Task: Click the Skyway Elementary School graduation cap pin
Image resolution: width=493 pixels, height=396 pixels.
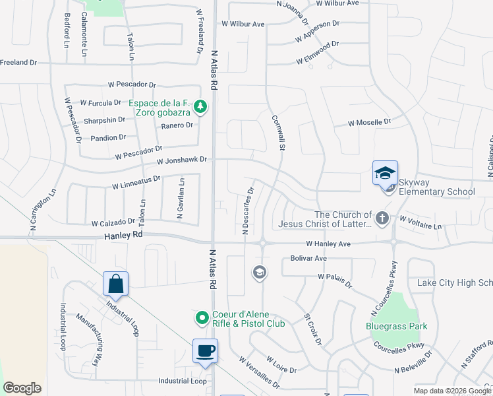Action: (385, 173)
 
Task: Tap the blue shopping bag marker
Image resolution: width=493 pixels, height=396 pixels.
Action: (115, 284)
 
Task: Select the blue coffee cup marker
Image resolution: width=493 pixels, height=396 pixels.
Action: (205, 350)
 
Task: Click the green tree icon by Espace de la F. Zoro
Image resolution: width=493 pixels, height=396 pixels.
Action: (204, 106)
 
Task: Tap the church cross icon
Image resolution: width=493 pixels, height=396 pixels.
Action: (381, 218)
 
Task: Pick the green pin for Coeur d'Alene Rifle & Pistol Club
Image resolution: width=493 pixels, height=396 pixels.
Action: (202, 318)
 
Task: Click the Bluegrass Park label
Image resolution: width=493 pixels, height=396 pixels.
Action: (397, 326)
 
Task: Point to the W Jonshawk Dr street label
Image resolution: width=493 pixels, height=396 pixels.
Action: (182, 160)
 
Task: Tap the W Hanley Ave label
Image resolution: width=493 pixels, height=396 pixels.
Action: (329, 244)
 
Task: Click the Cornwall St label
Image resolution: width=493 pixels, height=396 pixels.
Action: (278, 133)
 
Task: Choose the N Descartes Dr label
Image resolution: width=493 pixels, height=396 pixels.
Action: (247, 211)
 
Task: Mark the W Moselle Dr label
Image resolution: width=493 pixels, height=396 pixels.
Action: (369, 123)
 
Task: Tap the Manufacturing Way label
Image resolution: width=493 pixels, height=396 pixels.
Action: (91, 331)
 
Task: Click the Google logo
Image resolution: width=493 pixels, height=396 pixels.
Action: (22, 388)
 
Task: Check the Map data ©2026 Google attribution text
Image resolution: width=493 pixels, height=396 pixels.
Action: (451, 391)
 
